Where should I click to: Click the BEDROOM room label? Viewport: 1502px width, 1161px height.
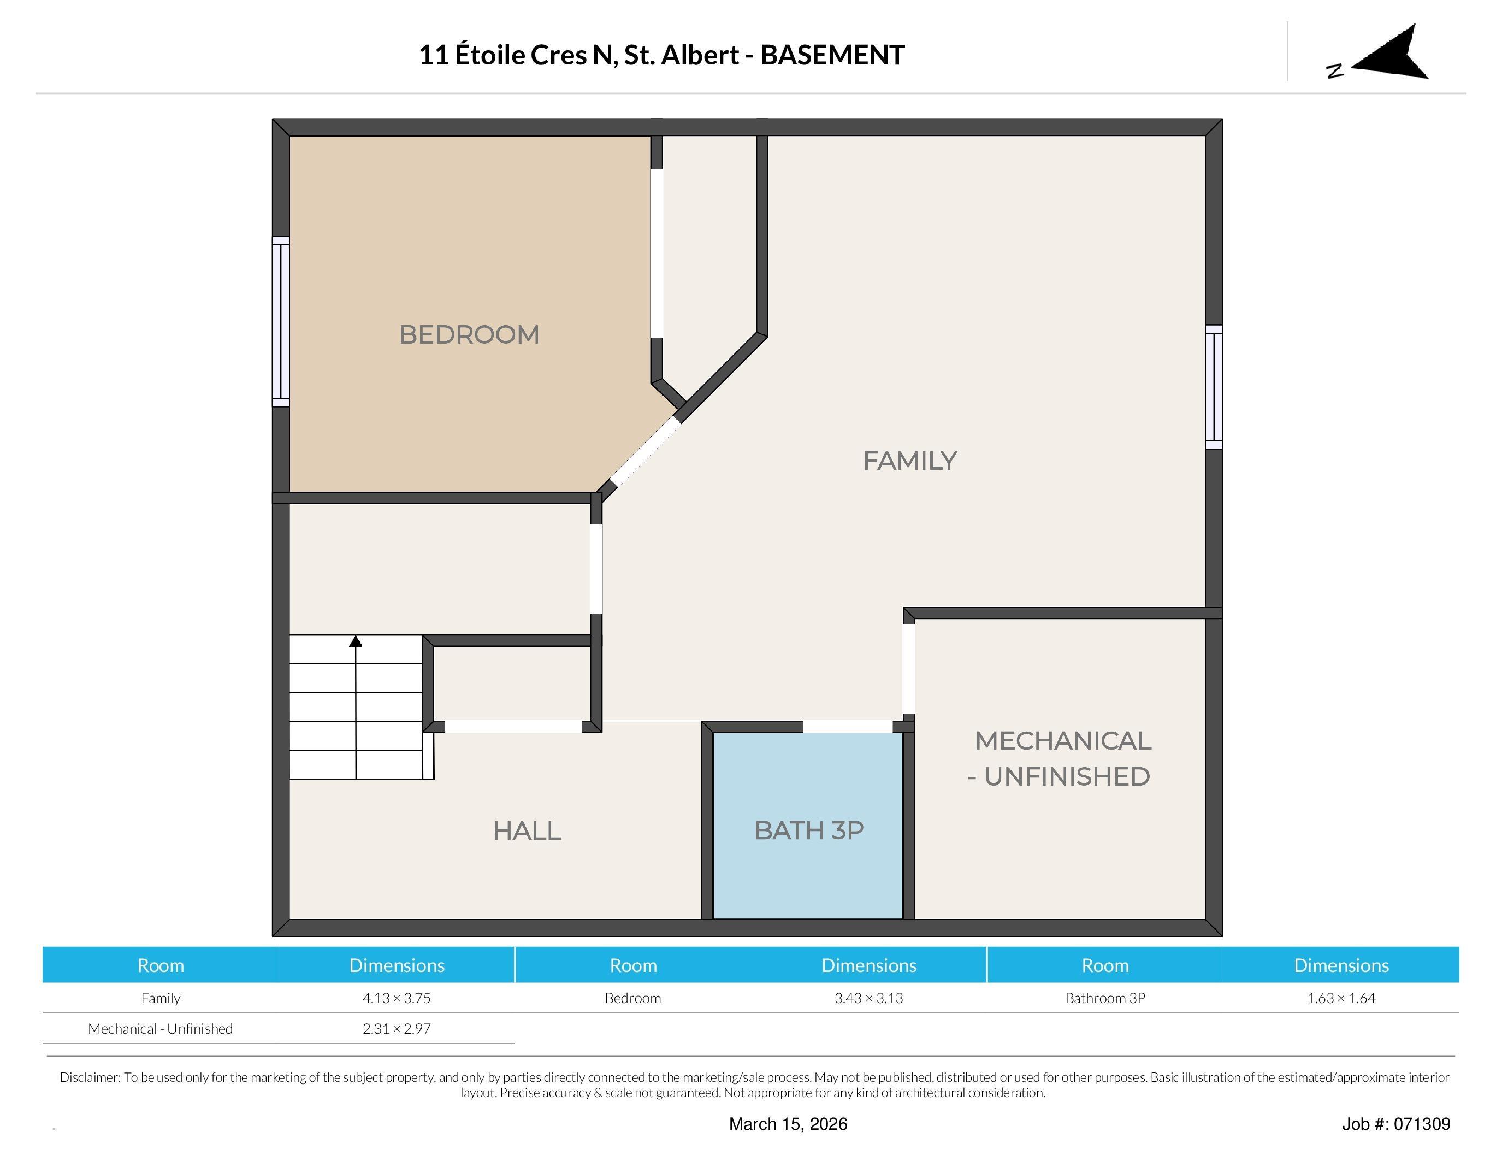(469, 335)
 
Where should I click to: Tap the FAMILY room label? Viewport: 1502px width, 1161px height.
(909, 461)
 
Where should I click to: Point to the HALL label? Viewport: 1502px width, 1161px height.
(527, 831)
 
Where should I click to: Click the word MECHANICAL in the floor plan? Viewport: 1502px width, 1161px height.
(1062, 741)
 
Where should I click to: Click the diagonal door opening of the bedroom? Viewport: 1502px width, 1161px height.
(645, 452)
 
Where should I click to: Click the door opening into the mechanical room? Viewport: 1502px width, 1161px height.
(908, 669)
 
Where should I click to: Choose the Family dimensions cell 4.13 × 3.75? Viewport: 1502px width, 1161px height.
(397, 998)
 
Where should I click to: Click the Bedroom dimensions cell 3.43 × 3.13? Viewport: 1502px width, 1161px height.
(868, 998)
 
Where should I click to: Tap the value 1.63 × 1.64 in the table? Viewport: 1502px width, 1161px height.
(1340, 998)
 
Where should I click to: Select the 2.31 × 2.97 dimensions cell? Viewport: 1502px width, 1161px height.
(397, 1028)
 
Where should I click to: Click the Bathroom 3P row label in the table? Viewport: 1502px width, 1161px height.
(1104, 998)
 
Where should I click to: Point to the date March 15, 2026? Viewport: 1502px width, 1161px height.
(788, 1124)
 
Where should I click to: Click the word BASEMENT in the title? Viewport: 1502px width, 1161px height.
(832, 55)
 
